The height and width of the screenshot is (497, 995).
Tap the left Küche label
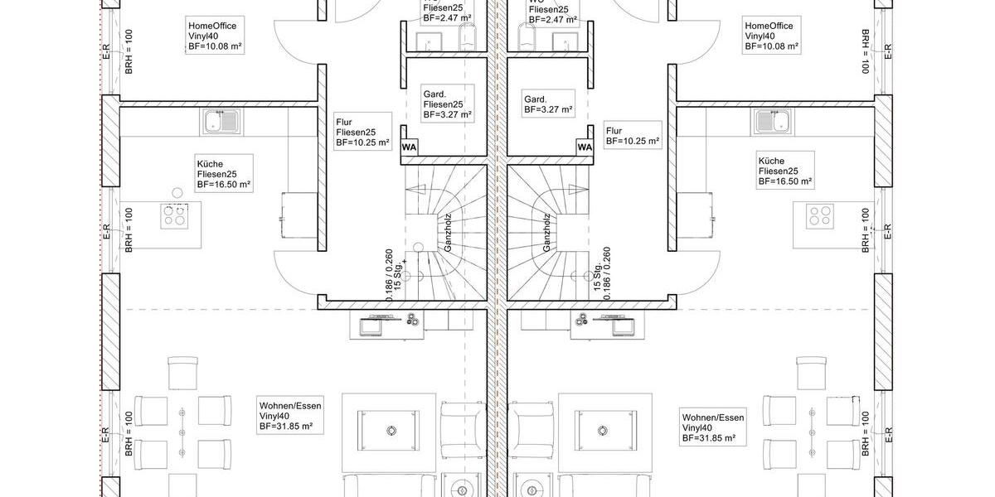(x=224, y=174)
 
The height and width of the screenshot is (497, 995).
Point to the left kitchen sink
(x=221, y=123)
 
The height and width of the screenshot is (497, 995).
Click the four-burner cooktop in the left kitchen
(x=175, y=215)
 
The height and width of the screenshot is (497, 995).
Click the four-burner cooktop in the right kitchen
(x=821, y=215)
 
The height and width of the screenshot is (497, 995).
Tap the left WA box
(x=409, y=147)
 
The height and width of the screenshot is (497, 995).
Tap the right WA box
(x=585, y=147)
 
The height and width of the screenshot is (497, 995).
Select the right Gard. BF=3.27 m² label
(x=546, y=104)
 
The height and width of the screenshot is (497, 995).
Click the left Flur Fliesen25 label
(x=362, y=132)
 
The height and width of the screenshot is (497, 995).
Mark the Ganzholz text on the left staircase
(x=447, y=233)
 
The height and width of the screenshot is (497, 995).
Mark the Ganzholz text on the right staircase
(x=547, y=233)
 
